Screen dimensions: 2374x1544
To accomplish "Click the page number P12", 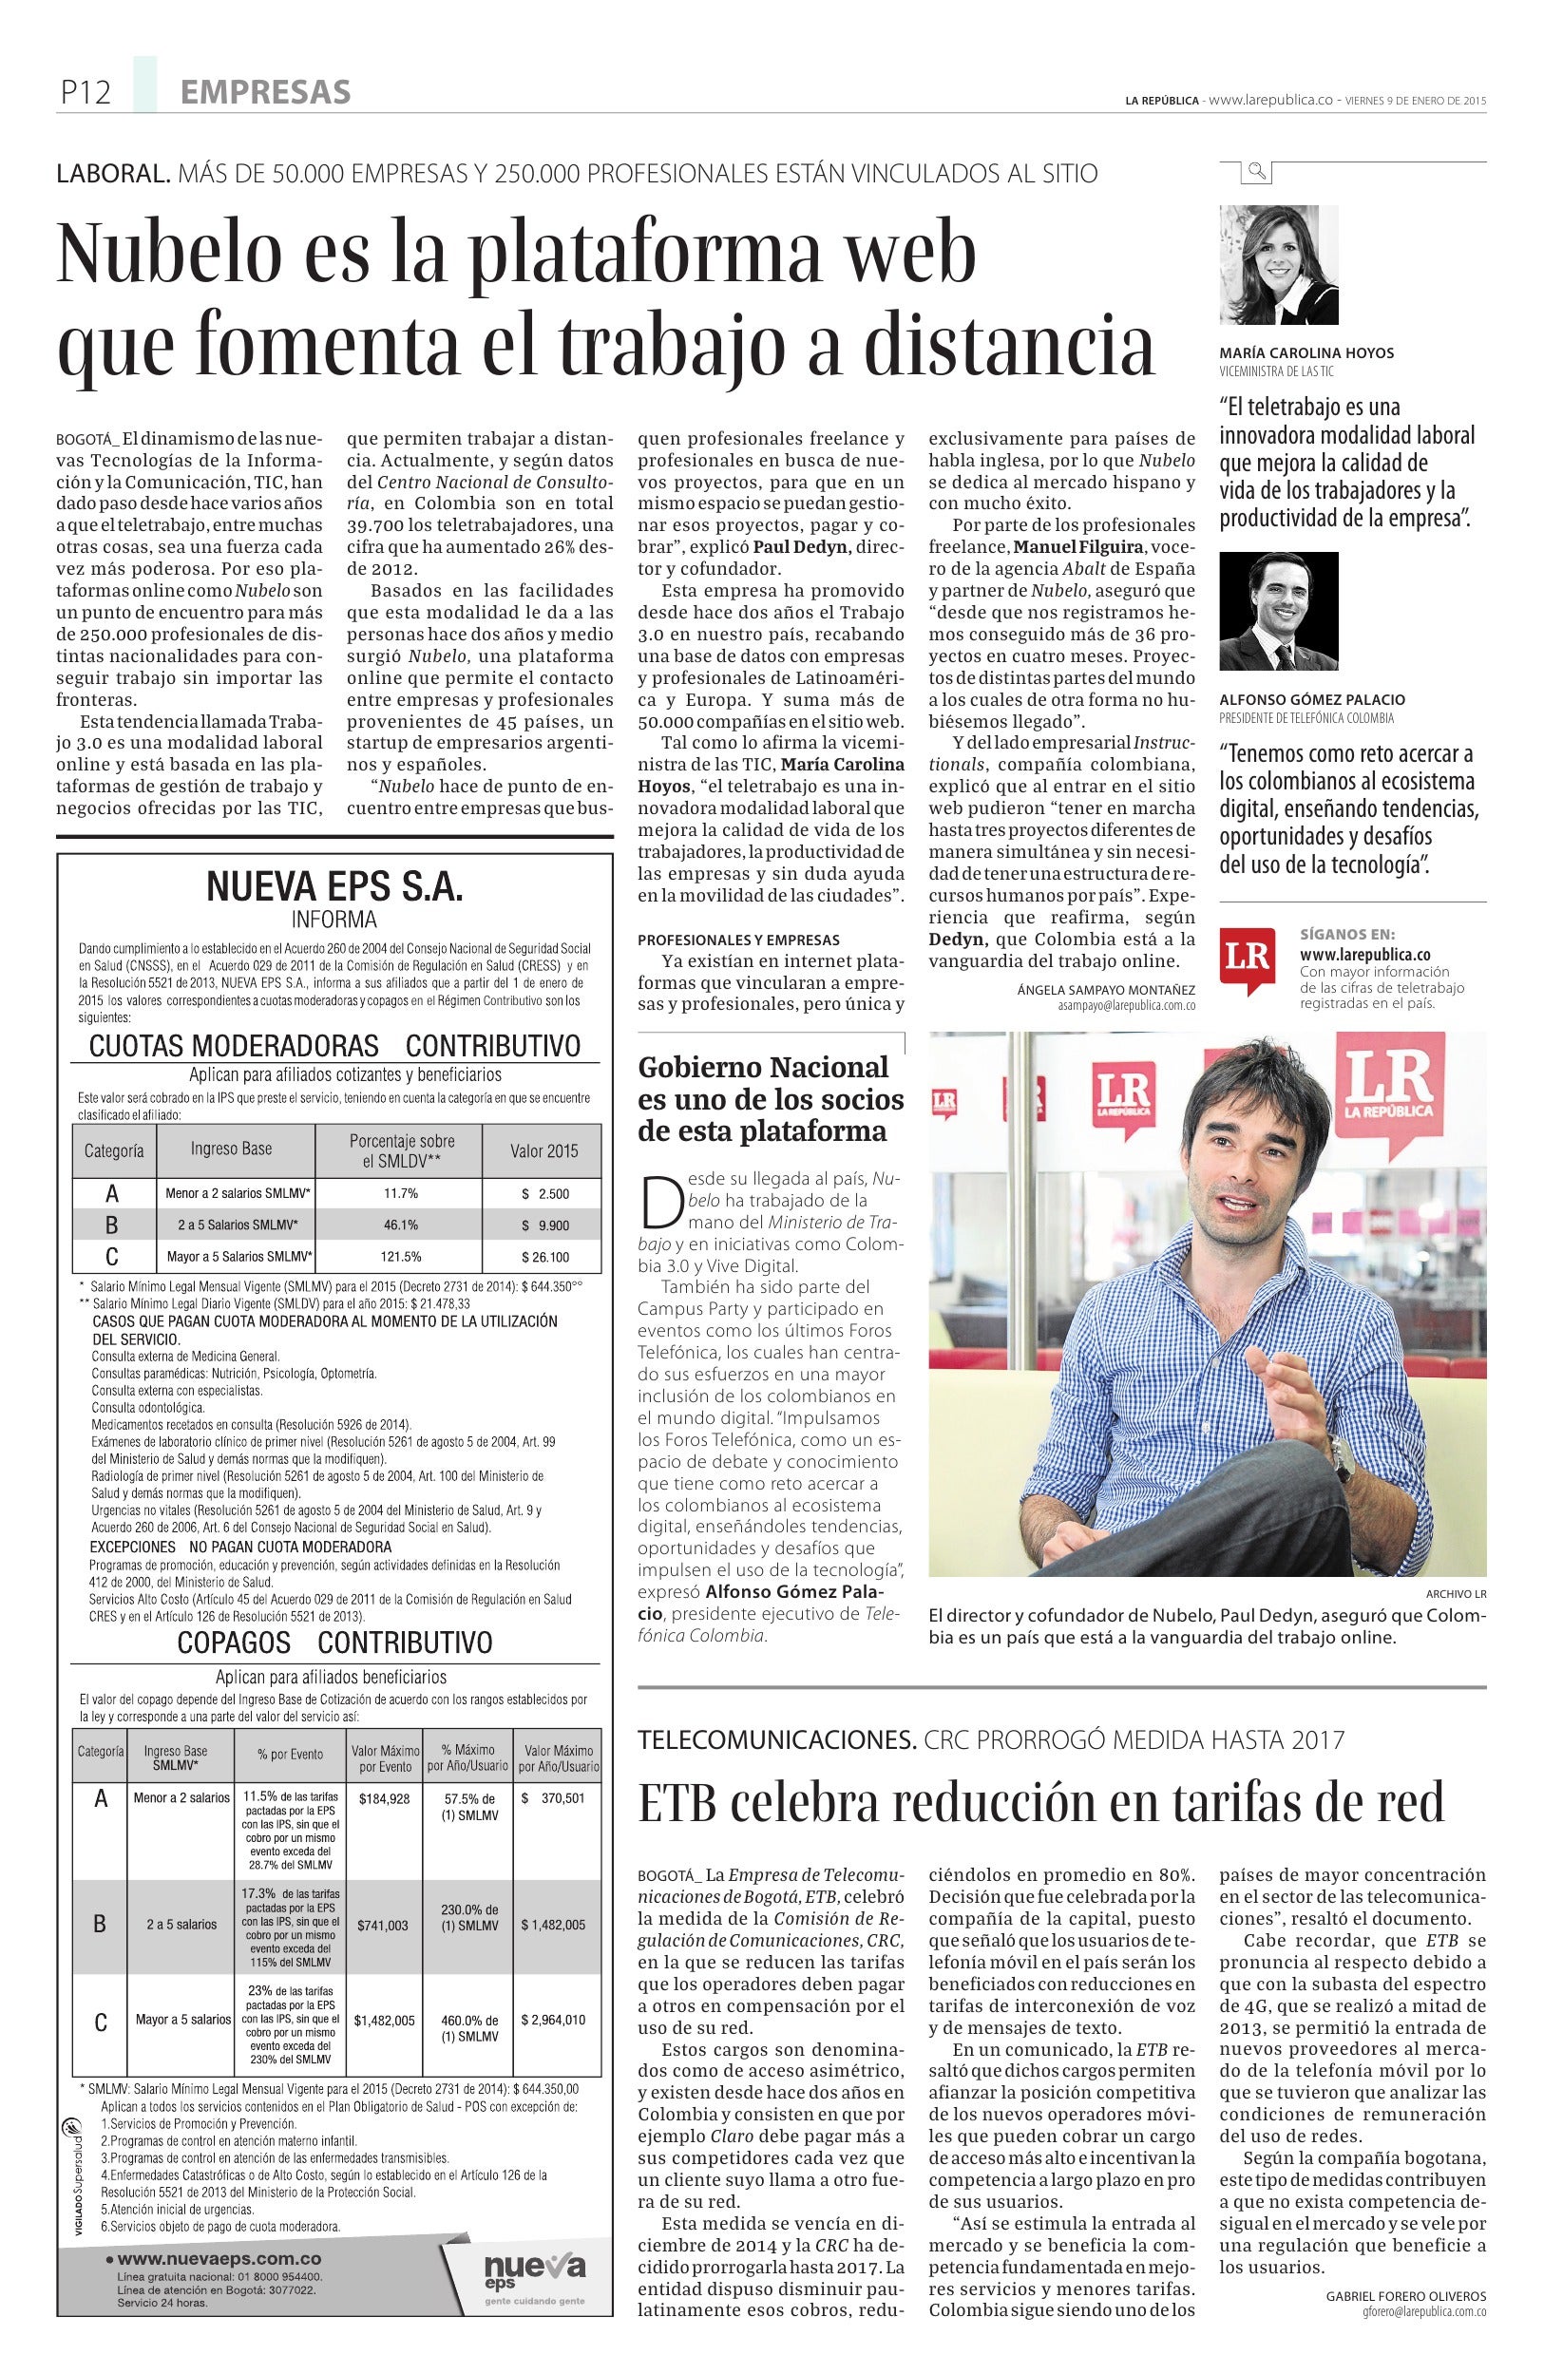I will pyautogui.click(x=84, y=94).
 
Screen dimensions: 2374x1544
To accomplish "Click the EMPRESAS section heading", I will pyautogui.click(x=265, y=94).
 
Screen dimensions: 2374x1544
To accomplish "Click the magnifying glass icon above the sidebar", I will pyautogui.click(x=1256, y=173).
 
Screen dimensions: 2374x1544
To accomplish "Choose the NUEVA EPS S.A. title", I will pyautogui.click(x=334, y=886).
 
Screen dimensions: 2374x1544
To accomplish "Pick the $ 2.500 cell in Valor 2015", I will pyautogui.click(x=544, y=1194).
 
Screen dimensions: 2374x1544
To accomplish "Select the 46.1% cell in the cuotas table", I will pyautogui.click(x=400, y=1225).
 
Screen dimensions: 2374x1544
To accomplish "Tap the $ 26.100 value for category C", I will pyautogui.click(x=544, y=1257).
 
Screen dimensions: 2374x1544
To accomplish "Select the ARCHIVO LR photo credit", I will pyautogui.click(x=1457, y=1593).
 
